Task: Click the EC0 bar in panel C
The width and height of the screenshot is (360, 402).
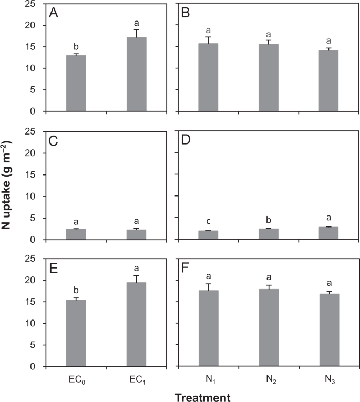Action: click(76, 234)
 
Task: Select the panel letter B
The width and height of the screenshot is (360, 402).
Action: click(186, 14)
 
